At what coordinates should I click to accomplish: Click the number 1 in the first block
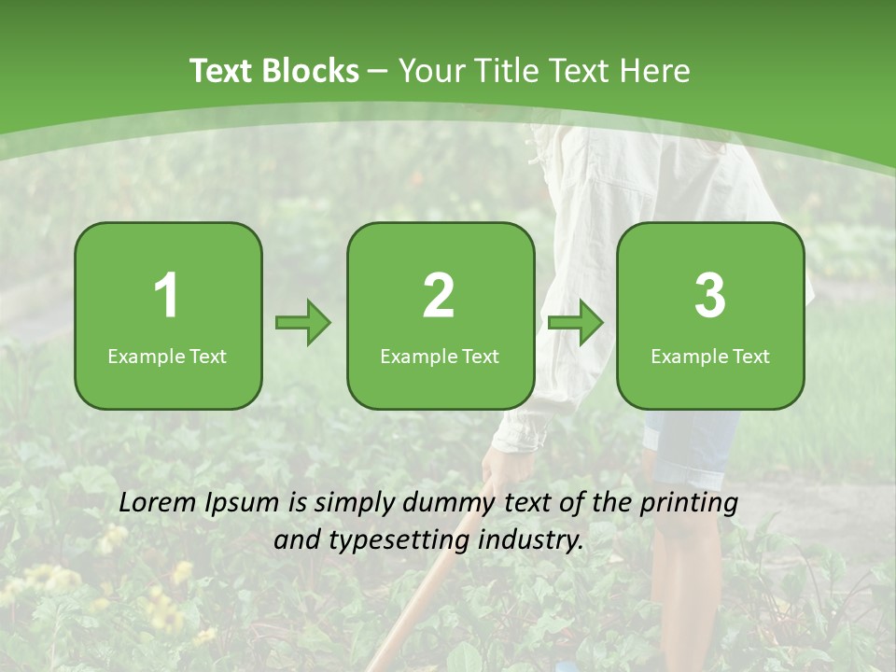(x=167, y=296)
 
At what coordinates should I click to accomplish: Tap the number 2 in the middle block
(x=439, y=296)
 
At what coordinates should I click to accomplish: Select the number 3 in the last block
(x=710, y=296)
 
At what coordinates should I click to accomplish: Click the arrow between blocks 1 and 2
(x=303, y=324)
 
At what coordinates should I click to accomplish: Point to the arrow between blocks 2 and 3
(x=576, y=324)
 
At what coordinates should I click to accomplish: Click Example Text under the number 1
(x=167, y=357)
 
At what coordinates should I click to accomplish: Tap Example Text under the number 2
(x=440, y=357)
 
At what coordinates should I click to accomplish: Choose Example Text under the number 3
(x=710, y=357)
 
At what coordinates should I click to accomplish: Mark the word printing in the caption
(x=689, y=502)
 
